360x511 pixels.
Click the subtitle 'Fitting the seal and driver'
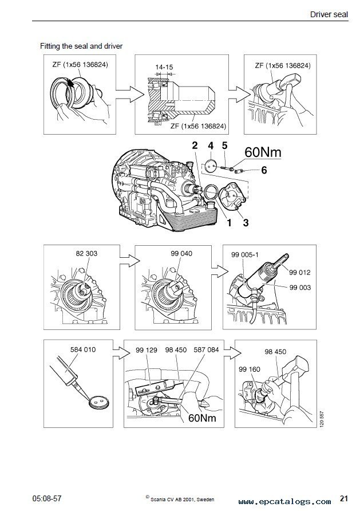pyautogui.click(x=81, y=45)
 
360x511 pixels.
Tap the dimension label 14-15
pyautogui.click(x=165, y=67)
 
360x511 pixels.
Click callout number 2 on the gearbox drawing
pyautogui.click(x=195, y=147)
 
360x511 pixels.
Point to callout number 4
pyautogui.click(x=210, y=147)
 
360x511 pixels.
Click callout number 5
pyautogui.click(x=225, y=147)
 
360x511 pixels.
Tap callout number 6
pyautogui.click(x=264, y=170)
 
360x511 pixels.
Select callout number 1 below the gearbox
pyautogui.click(x=229, y=223)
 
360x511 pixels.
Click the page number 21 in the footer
pyautogui.click(x=345, y=496)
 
